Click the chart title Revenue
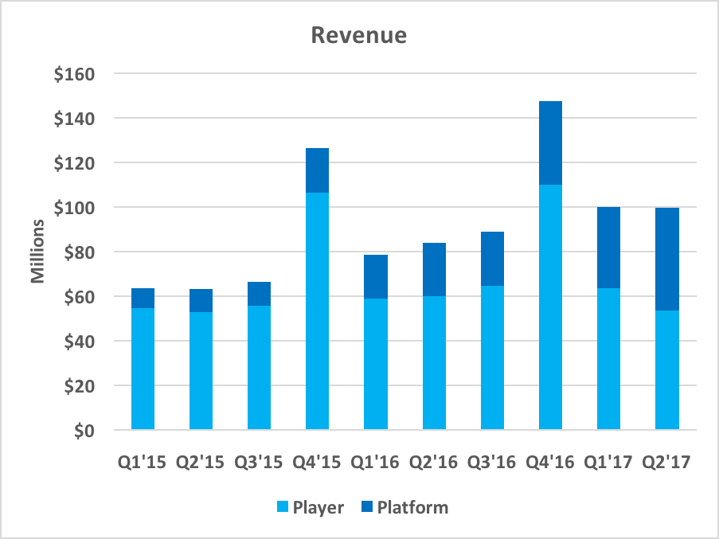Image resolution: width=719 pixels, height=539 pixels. tap(358, 36)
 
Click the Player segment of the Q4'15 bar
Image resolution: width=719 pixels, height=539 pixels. tap(317, 311)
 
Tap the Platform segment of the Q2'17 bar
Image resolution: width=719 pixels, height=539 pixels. tap(667, 259)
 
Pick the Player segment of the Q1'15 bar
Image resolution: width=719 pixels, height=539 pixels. tap(143, 369)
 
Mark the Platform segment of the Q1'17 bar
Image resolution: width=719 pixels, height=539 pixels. tap(608, 248)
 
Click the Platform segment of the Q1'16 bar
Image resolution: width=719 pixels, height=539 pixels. tap(376, 276)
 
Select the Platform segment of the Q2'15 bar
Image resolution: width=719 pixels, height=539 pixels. tap(201, 300)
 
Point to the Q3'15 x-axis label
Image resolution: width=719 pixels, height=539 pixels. tap(259, 462)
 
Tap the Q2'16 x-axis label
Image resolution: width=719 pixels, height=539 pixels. tap(434, 462)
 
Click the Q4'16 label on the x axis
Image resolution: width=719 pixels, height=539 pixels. tap(550, 462)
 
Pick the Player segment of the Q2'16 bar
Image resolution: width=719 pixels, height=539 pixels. tap(434, 363)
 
